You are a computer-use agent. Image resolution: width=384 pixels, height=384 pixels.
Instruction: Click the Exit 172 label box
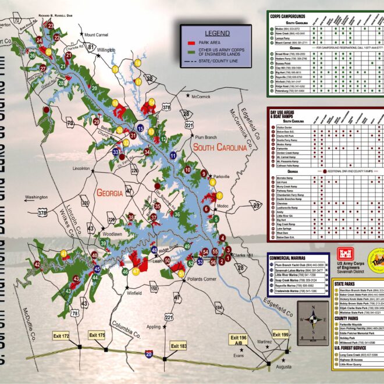click(62, 336)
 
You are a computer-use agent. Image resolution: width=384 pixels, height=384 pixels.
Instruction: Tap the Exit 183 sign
click(179, 347)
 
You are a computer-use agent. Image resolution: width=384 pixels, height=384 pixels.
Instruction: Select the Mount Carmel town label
click(97, 35)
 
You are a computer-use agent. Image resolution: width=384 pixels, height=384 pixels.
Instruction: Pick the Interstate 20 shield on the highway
click(149, 353)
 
